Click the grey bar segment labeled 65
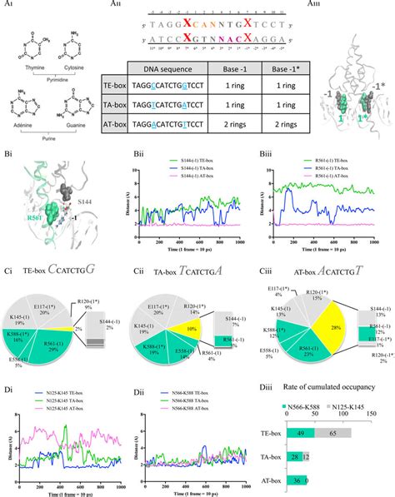tap(332, 432)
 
